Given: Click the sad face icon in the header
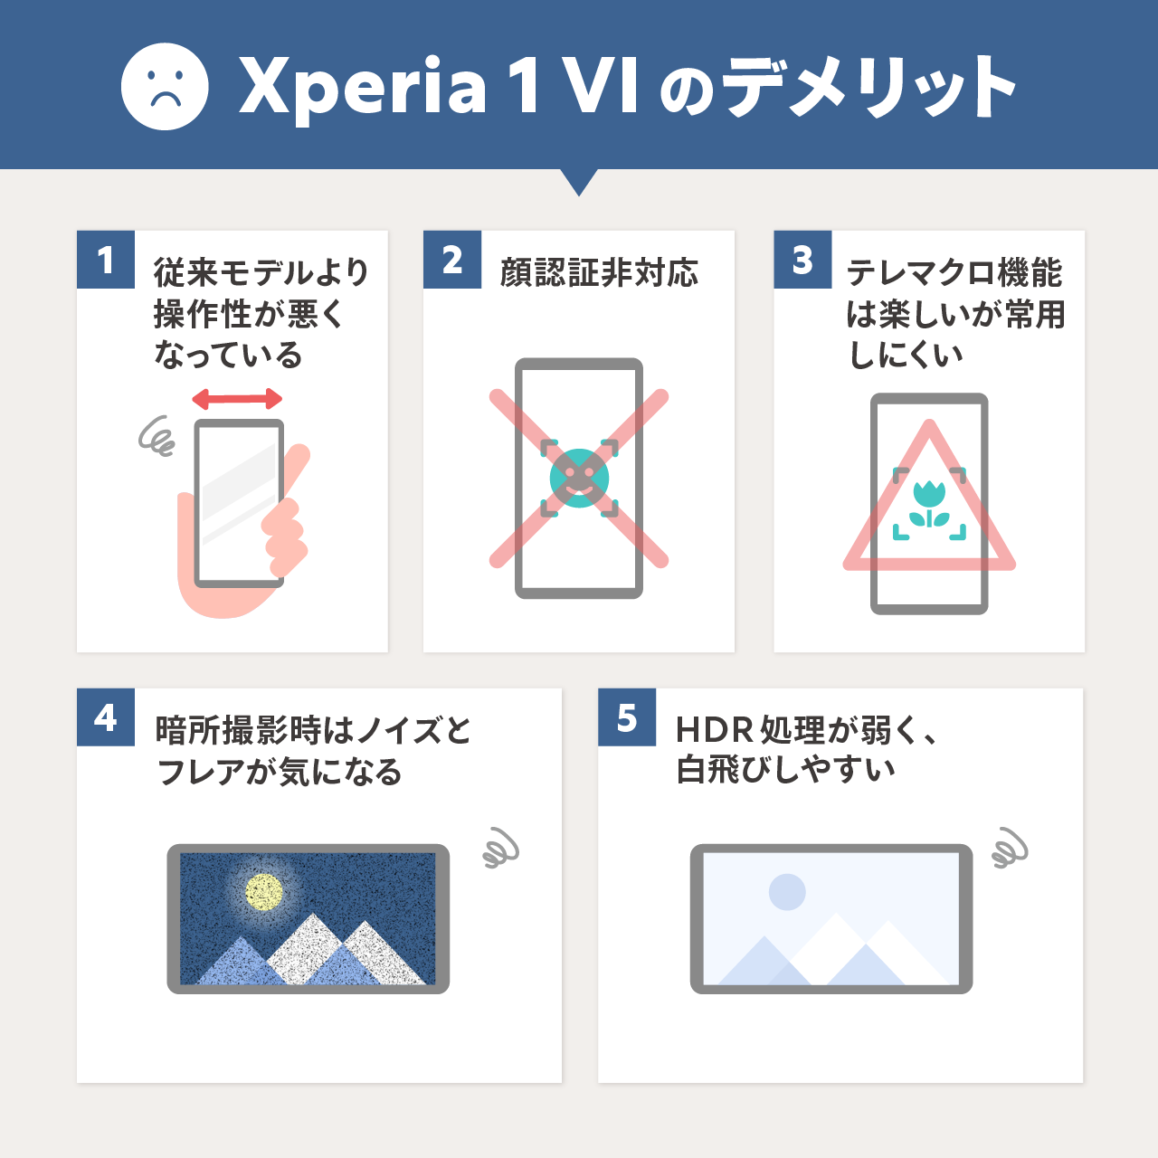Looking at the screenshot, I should coord(165,87).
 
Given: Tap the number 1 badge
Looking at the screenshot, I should coord(106,261).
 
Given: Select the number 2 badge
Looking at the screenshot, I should coord(452,261).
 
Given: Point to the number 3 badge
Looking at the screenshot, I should coord(802,261).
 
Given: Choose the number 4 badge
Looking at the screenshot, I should coord(106,718).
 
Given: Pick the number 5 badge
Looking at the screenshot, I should coord(627,718).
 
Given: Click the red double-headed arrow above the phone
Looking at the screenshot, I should coord(237,399).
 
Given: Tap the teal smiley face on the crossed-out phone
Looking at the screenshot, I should coord(579,478).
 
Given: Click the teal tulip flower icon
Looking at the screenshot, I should coord(929,502).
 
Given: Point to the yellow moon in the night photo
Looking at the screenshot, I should coord(264,892).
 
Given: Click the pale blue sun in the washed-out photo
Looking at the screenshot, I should coord(787,892).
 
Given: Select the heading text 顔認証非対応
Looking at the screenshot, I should coord(599,272).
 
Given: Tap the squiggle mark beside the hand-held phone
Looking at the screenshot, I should coord(157,436).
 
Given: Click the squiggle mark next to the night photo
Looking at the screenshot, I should coord(500,849).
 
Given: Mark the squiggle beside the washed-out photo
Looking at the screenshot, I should coord(1010,849).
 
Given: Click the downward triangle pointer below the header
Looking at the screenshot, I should coord(579,181).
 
